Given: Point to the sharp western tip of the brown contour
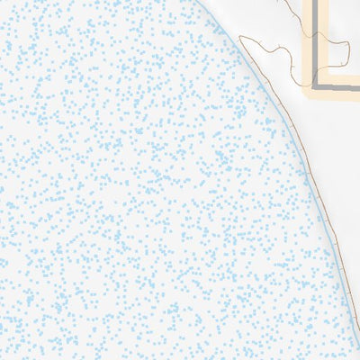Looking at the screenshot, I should click(241, 37).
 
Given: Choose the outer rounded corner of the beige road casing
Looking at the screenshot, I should click(307, 95).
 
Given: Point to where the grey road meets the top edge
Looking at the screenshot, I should click(318, 1).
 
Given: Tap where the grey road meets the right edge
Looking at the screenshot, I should click(358, 89).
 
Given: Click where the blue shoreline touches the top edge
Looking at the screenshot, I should click(208, 1).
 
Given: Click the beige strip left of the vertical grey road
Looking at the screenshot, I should click(310, 45).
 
